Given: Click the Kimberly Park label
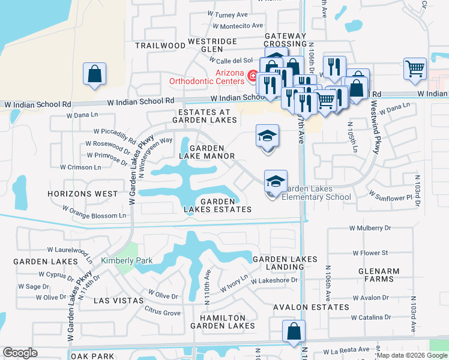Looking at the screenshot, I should point(127,260).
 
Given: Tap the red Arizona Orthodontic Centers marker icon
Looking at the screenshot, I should point(253,76).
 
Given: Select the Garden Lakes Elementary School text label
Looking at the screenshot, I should point(316,193).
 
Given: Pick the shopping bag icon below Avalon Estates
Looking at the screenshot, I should point(294,332).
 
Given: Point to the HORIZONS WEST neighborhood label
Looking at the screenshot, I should point(83,194).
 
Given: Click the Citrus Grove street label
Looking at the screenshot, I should point(163,311).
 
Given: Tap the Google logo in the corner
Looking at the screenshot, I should point(20,353).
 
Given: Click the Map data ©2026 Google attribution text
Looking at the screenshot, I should point(412,355).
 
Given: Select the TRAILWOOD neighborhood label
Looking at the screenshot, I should point(160,46).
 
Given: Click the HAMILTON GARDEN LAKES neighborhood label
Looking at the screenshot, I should point(218,322).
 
